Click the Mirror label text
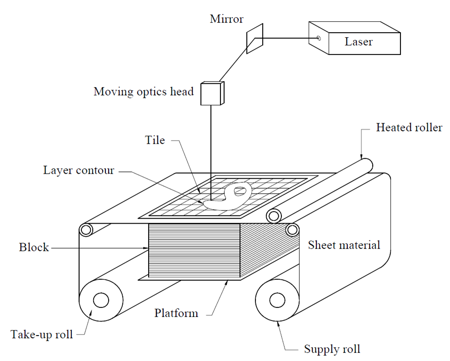point(226,19)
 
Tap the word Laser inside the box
point(359,42)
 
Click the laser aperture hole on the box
point(319,38)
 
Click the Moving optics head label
point(144,92)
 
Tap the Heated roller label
point(409,128)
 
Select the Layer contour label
point(79,171)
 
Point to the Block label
point(34,248)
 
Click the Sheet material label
point(344,245)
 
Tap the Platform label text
point(176,313)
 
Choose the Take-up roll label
point(41,335)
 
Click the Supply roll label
point(332,349)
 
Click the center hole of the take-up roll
point(100,300)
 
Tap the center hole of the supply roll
point(276,300)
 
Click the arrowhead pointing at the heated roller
point(362,156)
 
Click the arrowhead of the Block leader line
point(146,248)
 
